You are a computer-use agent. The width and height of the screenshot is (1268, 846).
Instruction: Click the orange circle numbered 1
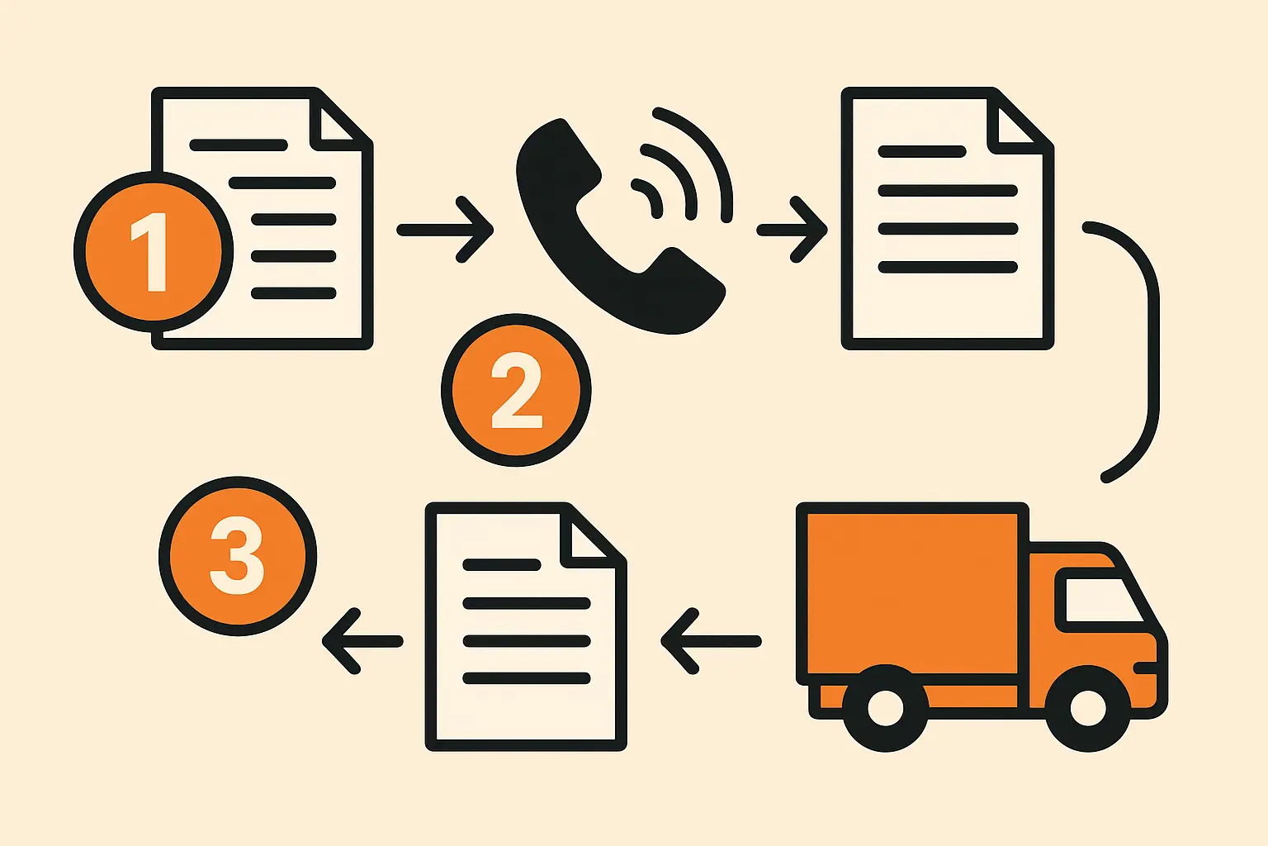pyautogui.click(x=154, y=251)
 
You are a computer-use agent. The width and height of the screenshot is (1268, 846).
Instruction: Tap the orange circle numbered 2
pyautogui.click(x=516, y=390)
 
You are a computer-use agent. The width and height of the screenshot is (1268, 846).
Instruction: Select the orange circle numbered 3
pyautogui.click(x=238, y=555)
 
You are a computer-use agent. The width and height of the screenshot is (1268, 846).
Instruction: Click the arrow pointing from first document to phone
pyautogui.click(x=446, y=230)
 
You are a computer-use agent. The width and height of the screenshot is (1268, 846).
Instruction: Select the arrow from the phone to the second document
pyautogui.click(x=792, y=230)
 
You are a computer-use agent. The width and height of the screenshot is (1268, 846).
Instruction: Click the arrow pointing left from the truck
pyautogui.click(x=710, y=641)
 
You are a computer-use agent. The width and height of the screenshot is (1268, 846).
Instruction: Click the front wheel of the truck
pyautogui.click(x=1087, y=709)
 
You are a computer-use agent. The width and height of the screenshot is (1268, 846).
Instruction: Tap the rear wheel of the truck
pyautogui.click(x=885, y=709)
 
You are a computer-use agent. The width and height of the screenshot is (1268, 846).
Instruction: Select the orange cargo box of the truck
pyautogui.click(x=911, y=592)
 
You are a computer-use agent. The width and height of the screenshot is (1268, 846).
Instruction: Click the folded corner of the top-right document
pyautogui.click(x=1017, y=124)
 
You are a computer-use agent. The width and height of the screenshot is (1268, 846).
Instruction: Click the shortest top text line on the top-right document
pyautogui.click(x=922, y=152)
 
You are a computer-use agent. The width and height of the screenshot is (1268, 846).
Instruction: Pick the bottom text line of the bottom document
pyautogui.click(x=527, y=678)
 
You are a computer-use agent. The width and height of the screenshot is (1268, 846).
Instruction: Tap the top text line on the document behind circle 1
pyautogui.click(x=239, y=145)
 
